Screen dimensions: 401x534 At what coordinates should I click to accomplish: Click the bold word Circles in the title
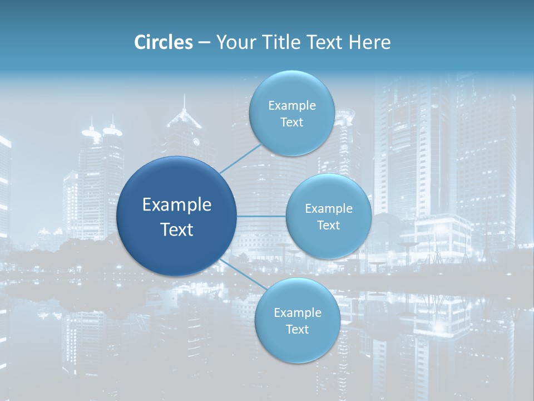[164, 42]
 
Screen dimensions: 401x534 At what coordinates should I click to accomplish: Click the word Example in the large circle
[177, 205]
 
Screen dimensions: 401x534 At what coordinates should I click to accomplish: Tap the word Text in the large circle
[177, 229]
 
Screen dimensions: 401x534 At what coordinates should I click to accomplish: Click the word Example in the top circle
[292, 105]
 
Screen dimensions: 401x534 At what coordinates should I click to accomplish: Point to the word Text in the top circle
[291, 122]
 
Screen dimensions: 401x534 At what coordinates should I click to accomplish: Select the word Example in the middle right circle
[329, 208]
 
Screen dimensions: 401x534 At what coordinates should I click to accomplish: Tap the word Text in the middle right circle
[328, 225]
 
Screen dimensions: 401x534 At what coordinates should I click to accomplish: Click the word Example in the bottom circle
[298, 312]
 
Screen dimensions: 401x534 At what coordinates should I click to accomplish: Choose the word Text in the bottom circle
[297, 329]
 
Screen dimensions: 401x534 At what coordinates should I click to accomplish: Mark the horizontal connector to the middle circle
[261, 216]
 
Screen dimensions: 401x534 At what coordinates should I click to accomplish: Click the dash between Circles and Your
[204, 43]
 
